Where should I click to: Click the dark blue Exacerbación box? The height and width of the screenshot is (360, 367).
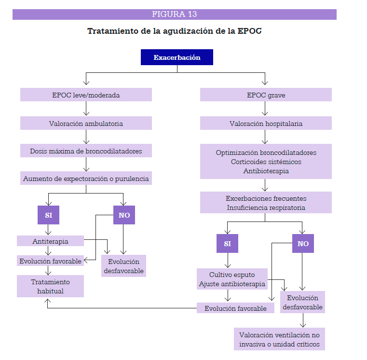click(x=177, y=57)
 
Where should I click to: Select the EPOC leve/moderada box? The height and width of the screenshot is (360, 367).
click(x=86, y=95)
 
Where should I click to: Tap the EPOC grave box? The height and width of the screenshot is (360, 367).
click(x=266, y=95)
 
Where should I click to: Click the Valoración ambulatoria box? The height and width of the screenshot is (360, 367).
click(x=86, y=123)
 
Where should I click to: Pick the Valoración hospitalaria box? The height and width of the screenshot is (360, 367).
click(x=266, y=123)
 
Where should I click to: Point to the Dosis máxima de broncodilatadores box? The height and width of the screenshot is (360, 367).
click(x=86, y=151)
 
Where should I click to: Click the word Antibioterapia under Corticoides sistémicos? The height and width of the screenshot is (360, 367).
click(x=266, y=171)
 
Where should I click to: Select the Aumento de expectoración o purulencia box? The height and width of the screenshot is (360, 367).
click(x=86, y=178)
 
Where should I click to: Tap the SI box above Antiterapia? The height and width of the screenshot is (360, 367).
click(x=48, y=215)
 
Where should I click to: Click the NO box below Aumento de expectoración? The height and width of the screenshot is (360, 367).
click(x=124, y=215)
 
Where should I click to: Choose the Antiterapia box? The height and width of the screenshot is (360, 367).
click(x=50, y=241)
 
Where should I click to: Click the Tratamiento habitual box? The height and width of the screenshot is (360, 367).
click(x=50, y=286)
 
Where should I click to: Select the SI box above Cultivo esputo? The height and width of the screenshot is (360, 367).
click(x=227, y=243)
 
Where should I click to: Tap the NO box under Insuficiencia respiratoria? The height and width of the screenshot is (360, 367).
click(x=303, y=243)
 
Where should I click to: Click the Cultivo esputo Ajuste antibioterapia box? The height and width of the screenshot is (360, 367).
click(x=232, y=279)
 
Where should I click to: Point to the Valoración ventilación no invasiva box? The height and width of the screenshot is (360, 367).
click(x=279, y=339)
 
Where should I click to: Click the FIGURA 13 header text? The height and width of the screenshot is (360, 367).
click(x=175, y=14)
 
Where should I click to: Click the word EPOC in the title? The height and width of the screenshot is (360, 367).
click(x=249, y=31)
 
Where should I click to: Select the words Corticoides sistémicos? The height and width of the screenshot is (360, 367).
click(x=266, y=162)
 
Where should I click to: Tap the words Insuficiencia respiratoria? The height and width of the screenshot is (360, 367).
click(x=266, y=208)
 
